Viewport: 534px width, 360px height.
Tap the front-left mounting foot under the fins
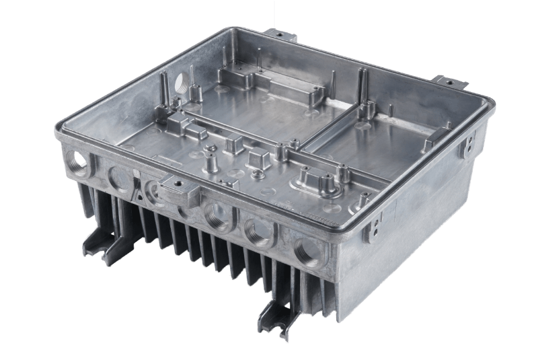pos(101,243)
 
